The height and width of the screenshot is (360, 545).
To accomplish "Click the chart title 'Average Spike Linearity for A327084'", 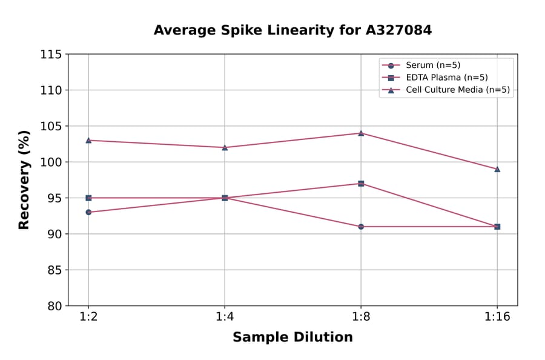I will tap(292, 30).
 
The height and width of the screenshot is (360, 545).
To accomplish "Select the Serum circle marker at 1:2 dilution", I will tap(88, 212).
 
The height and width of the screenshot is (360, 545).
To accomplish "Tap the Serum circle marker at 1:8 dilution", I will tap(361, 227).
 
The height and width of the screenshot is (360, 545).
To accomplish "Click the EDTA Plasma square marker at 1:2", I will tap(88, 198).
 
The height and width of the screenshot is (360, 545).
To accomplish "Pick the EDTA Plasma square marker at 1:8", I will tap(361, 184).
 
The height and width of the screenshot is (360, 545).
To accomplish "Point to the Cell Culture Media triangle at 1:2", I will tap(88, 140).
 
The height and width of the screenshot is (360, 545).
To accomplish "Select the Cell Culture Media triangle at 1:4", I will tap(225, 147).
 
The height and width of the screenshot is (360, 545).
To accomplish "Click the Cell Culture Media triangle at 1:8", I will tap(361, 133).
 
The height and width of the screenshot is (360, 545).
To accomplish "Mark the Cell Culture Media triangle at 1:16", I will tap(497, 169).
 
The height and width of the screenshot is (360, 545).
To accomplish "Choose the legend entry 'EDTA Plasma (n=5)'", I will tap(446, 78).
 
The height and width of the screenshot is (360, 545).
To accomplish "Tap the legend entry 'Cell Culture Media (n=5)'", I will tap(457, 90).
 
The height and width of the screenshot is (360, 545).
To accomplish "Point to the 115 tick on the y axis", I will tap(51, 55).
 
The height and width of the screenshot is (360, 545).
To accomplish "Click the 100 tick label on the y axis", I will tap(51, 162).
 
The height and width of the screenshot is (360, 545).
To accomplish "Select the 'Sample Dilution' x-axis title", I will tap(292, 338).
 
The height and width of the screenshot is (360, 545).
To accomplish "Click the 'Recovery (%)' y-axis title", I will tap(24, 180).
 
